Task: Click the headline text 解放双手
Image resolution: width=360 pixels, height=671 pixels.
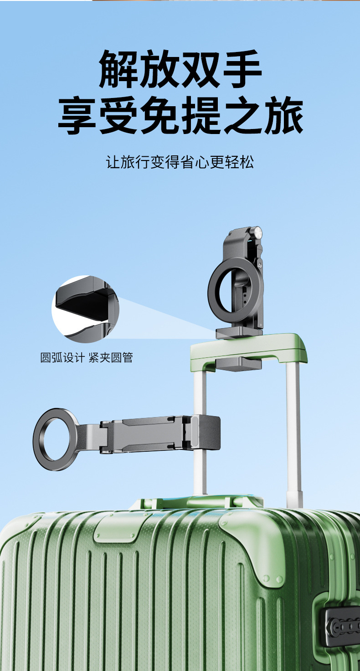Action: point(180,69)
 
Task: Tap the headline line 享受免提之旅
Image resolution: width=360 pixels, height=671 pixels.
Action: point(180,116)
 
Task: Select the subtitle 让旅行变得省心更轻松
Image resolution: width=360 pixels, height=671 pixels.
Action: point(180,162)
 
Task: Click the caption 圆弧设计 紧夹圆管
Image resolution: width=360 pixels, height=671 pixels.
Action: point(87,357)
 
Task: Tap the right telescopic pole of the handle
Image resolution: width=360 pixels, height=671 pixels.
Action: point(294,433)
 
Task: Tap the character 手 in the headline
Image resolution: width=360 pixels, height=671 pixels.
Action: point(242,69)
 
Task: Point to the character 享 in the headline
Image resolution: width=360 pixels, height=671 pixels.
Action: point(76,116)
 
